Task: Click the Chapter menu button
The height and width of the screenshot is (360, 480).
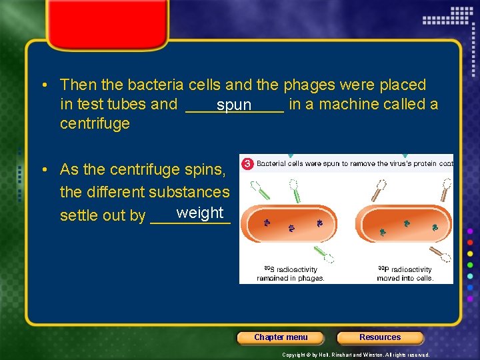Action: point(281,337)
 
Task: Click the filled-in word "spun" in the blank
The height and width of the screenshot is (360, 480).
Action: point(234,105)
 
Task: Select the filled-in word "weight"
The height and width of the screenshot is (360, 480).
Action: point(200,213)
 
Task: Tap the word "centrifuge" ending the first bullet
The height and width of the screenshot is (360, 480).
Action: point(95,124)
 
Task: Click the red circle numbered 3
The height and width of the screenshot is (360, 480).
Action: point(246,163)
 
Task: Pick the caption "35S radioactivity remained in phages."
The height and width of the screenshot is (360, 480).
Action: point(291,273)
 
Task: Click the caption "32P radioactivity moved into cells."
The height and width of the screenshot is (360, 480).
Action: point(405,273)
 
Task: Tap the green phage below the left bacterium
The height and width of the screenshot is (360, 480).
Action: point(325,255)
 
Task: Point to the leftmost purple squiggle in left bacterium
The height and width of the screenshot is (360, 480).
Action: point(267,223)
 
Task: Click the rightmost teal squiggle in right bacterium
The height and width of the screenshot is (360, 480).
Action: point(435,227)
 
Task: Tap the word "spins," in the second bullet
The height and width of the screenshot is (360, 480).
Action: point(205,170)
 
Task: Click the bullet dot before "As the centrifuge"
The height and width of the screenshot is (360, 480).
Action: point(43,170)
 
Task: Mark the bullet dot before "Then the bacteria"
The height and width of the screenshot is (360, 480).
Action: point(43,85)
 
